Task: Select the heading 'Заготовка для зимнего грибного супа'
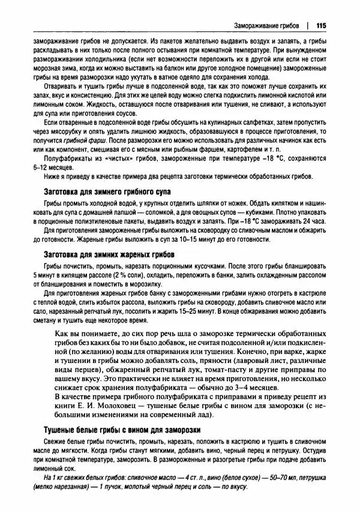(x=108, y=191)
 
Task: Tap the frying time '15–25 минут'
(x=195, y=311)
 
